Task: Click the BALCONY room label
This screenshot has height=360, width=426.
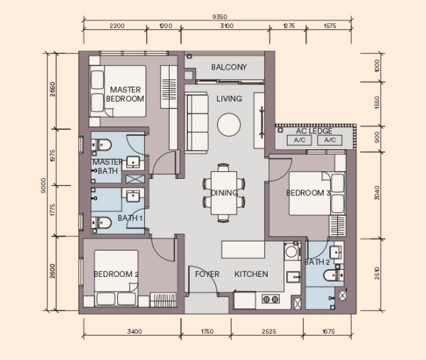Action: click(x=229, y=67)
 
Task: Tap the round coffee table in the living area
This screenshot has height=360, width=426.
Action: click(x=229, y=125)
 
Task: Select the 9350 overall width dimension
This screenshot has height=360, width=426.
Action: click(x=219, y=17)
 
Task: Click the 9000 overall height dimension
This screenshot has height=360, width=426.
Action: click(x=43, y=185)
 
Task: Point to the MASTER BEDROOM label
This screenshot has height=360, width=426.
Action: click(x=125, y=94)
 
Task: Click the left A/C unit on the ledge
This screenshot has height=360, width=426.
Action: click(x=300, y=140)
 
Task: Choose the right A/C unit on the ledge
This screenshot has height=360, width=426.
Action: click(x=330, y=140)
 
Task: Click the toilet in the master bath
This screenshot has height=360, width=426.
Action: click(x=102, y=145)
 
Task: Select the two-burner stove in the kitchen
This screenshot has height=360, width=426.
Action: click(x=271, y=299)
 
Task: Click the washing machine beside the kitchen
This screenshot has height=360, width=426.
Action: click(x=292, y=251)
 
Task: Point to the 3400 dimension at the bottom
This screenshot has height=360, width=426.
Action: click(x=134, y=332)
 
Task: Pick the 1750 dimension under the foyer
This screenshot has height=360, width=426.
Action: click(x=207, y=332)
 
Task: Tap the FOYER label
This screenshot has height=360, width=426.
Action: click(x=207, y=274)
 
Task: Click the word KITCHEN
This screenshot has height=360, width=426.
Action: click(x=251, y=274)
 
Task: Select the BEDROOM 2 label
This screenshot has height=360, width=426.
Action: click(x=116, y=274)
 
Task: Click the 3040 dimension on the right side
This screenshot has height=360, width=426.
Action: click(x=377, y=193)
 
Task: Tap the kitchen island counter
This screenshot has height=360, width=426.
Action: click(x=243, y=250)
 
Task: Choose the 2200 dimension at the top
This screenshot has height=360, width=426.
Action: click(x=117, y=26)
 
